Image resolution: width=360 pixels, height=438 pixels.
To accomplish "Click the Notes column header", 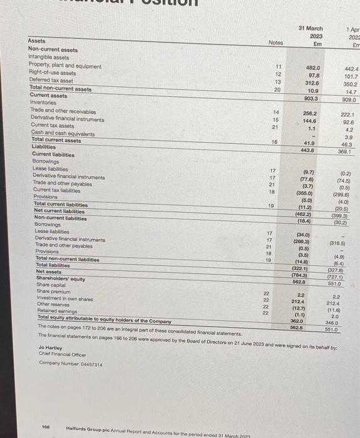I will tap(276, 43).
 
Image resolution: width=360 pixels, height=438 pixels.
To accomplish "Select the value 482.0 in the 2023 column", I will tap(313, 67).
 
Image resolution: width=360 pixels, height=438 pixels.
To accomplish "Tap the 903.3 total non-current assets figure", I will tap(311, 98).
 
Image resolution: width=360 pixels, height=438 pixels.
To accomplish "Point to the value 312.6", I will tap(312, 82).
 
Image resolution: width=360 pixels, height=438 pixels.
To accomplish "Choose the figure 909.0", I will tap(349, 99).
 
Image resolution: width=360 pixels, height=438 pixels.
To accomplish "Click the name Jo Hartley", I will tap(49, 347).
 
